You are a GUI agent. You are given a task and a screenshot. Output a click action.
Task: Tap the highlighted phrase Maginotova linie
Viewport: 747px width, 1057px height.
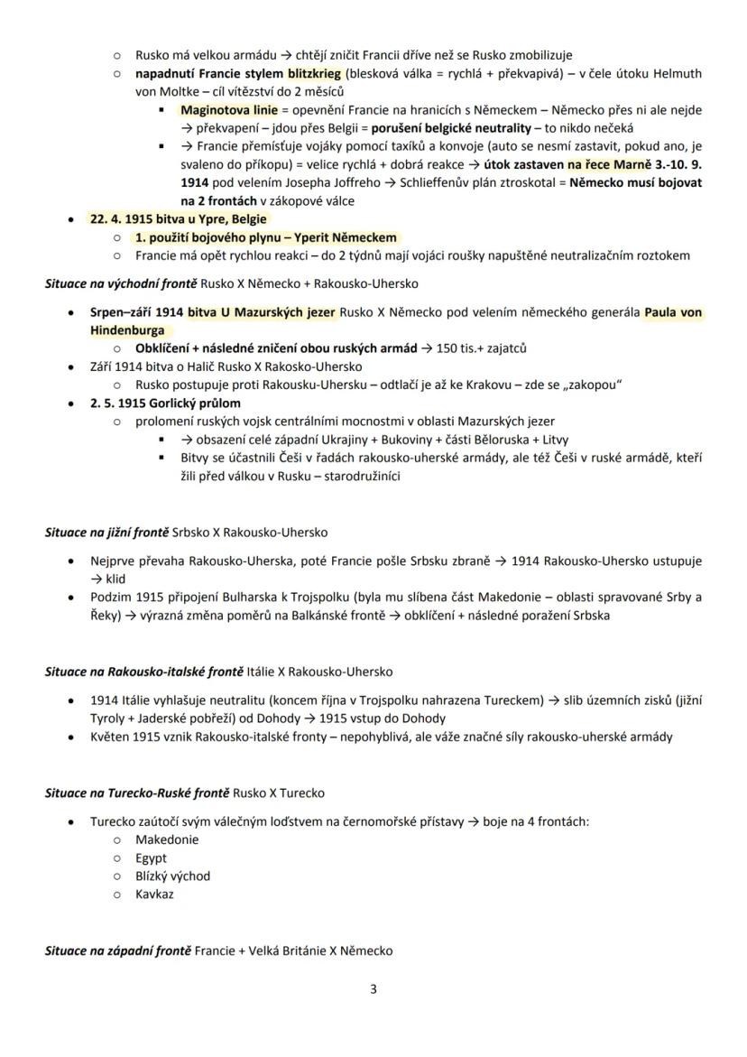217,110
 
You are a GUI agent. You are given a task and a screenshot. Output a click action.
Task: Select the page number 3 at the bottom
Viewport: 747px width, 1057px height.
373,988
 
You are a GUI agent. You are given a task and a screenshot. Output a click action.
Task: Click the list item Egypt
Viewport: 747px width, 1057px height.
151,858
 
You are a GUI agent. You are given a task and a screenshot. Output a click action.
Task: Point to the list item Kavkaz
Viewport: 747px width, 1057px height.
154,895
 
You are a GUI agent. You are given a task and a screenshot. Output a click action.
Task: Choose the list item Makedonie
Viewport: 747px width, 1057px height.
167,839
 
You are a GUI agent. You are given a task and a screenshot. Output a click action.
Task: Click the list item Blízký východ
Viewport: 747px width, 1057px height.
172,876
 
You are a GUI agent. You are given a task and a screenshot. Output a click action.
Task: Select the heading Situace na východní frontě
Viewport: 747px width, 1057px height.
117,283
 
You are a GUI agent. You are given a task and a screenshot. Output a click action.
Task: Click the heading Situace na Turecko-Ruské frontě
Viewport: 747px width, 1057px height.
137,793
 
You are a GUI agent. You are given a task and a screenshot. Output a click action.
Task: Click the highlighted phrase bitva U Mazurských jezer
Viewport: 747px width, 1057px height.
262,312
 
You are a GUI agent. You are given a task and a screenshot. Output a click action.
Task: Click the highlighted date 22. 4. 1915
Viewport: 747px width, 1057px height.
123,219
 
